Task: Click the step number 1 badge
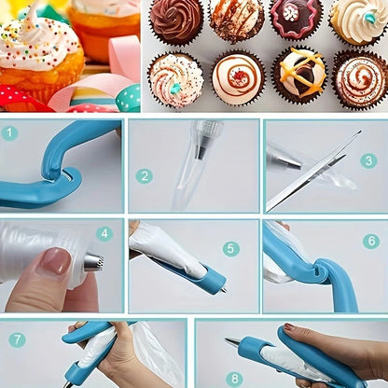(10, 133)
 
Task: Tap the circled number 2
(144, 175)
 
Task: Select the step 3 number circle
(368, 160)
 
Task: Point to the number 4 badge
(104, 234)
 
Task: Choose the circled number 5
(230, 249)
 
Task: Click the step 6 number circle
(370, 241)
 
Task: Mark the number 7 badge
(17, 339)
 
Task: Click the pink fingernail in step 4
(57, 261)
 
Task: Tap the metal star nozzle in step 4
(93, 263)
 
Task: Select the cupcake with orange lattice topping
(298, 75)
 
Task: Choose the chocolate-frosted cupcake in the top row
(176, 21)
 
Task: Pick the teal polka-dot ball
(128, 98)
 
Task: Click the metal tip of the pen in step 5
(222, 288)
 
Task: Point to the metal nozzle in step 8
(232, 342)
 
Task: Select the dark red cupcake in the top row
(296, 19)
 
